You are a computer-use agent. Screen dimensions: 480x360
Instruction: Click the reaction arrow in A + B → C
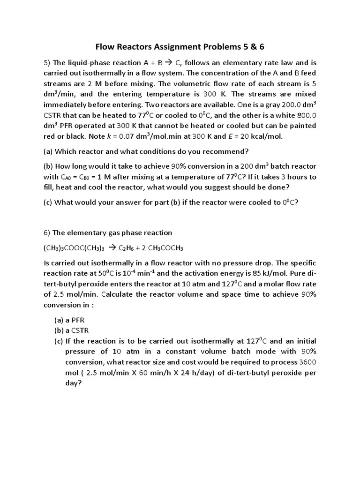click(166, 63)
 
